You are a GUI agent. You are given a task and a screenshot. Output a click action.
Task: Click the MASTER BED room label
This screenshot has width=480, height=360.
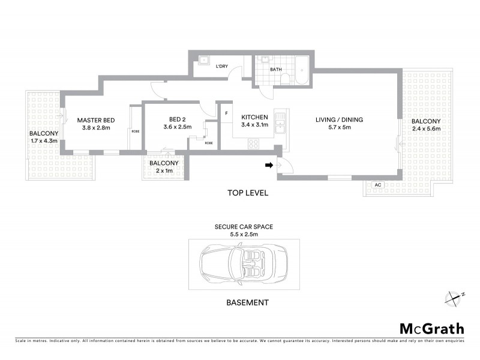click(95, 119)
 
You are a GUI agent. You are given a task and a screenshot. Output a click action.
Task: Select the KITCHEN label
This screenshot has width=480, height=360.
click(254, 117)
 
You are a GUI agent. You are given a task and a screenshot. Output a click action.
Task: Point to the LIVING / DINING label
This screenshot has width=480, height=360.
click(340, 119)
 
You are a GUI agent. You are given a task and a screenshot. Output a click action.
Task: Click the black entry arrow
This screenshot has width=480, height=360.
click(269, 164)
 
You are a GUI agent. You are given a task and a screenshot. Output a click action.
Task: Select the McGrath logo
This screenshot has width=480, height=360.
click(431, 328)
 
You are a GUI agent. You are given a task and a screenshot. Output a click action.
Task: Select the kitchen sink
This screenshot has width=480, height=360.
click(280, 125)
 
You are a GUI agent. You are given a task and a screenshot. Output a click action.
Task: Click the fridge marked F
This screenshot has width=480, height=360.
click(226, 113)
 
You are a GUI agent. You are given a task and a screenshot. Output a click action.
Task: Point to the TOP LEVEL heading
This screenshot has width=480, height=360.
click(247, 193)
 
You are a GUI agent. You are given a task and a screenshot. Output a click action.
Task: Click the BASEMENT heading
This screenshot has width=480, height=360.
click(248, 303)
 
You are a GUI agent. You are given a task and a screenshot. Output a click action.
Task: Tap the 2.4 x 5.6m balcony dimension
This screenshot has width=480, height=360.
click(426, 128)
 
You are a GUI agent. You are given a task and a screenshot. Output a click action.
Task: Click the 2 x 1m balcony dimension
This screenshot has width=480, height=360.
click(164, 170)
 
